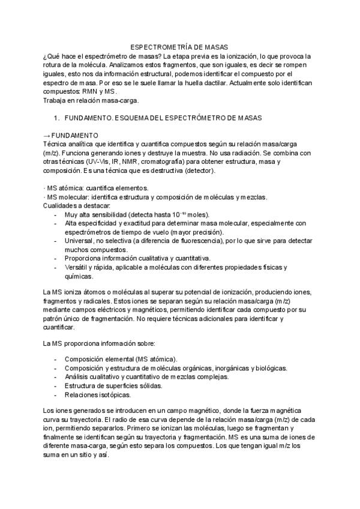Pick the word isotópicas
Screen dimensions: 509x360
[x=122, y=395]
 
